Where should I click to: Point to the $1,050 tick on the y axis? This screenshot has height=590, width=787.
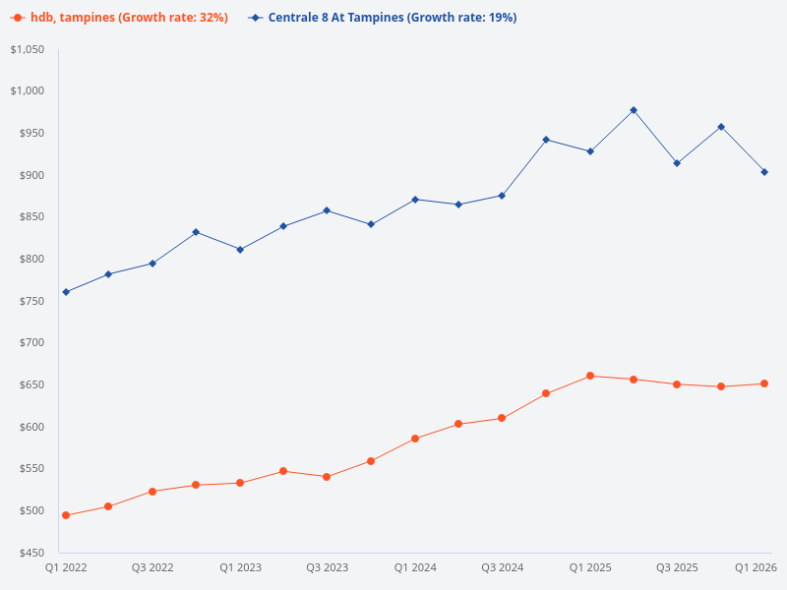pyautogui.click(x=27, y=49)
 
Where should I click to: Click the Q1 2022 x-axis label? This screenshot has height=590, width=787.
pyautogui.click(x=66, y=568)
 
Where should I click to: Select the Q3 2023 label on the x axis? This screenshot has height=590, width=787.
pyautogui.click(x=327, y=568)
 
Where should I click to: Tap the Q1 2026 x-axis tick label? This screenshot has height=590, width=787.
pyautogui.click(x=757, y=568)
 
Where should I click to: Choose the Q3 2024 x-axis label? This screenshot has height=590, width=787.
pyautogui.click(x=502, y=568)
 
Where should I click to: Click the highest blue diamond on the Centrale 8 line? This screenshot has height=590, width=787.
pyautogui.click(x=634, y=110)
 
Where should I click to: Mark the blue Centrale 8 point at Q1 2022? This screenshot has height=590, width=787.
pyautogui.click(x=66, y=292)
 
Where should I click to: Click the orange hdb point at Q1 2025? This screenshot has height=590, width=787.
pyautogui.click(x=590, y=376)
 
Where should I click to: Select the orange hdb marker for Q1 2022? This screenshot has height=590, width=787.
pyautogui.click(x=66, y=515)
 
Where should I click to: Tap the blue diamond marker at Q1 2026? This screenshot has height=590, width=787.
pyautogui.click(x=764, y=172)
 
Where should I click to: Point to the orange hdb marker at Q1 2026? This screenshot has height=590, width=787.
pyautogui.click(x=764, y=383)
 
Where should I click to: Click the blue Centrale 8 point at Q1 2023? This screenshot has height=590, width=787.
pyautogui.click(x=240, y=250)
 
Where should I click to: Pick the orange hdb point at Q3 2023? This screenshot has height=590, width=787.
pyautogui.click(x=327, y=477)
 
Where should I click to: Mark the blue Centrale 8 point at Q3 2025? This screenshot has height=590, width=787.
pyautogui.click(x=677, y=163)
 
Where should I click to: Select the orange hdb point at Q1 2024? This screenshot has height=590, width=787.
pyautogui.click(x=415, y=439)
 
